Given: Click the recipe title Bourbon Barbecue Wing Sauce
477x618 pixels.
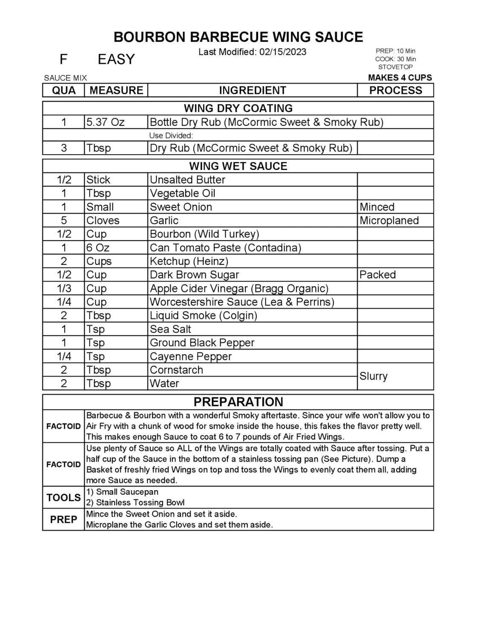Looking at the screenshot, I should point(238,37).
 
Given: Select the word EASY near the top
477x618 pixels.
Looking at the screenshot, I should point(116,59).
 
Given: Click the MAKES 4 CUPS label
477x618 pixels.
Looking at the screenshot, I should point(399,78).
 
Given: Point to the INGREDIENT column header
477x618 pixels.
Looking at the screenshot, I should point(252,90).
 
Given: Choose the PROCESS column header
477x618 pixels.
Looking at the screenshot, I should point(395,90).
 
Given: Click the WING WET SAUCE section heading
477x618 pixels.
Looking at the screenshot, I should point(238,166).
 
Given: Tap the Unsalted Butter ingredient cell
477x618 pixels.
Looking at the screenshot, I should point(187,180).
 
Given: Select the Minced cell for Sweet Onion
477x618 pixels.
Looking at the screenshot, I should point(377,207).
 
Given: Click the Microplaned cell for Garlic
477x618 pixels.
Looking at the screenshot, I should point(389,221).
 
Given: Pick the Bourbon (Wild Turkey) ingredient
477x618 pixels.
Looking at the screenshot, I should point(204,234).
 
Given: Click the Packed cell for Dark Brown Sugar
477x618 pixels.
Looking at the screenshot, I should point(377,275).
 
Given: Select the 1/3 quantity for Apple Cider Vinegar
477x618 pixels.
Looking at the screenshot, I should point(64,288).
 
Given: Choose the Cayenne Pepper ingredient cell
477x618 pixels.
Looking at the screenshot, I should point(190,356).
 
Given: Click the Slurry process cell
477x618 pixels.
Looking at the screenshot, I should point(374,377).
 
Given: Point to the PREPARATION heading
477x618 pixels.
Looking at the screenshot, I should point(238,402).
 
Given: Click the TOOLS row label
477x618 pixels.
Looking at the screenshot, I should point(63,497).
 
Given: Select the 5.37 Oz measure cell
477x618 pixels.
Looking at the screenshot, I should point(105,123).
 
